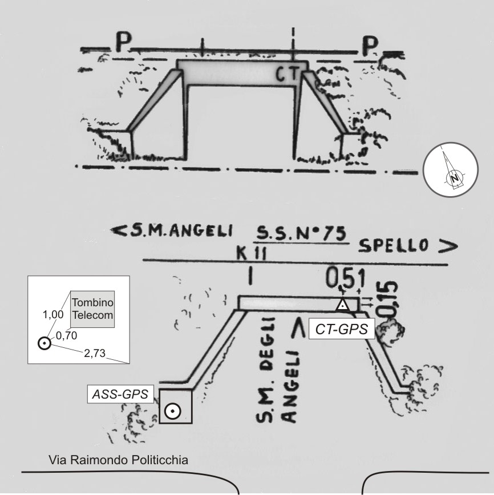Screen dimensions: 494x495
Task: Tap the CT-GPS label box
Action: (341, 328)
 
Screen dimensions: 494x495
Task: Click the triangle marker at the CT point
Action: (342, 305)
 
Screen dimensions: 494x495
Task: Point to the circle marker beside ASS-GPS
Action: (173, 410)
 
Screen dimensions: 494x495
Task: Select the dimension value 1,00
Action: (54, 314)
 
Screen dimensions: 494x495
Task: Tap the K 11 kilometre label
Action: (248, 251)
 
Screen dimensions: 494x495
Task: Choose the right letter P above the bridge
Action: (369, 46)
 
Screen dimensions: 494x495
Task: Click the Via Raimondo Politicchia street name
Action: (118, 460)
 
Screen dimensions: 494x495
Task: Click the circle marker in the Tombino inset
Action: (44, 343)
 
